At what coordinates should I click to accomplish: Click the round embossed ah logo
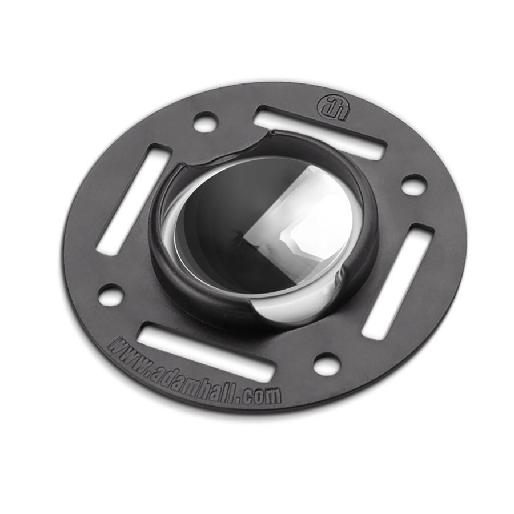[x=334, y=108]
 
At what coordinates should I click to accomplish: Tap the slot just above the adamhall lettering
[x=206, y=351]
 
